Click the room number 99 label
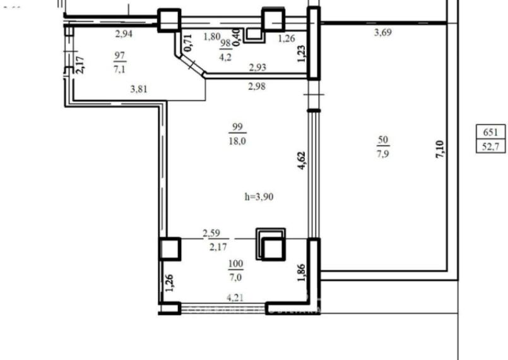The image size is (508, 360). tap(237, 127)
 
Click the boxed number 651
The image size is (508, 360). tap(491, 133)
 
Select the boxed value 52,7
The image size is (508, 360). tap(491, 147)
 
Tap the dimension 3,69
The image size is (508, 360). tap(382, 32)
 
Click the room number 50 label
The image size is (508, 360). tap(382, 140)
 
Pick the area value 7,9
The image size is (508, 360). tap(382, 153)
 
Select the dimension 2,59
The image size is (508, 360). tap(211, 234)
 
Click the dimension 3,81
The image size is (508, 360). tap(139, 90)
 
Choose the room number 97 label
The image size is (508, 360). tap(119, 56)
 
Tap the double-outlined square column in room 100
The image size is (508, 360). tap(271, 244)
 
